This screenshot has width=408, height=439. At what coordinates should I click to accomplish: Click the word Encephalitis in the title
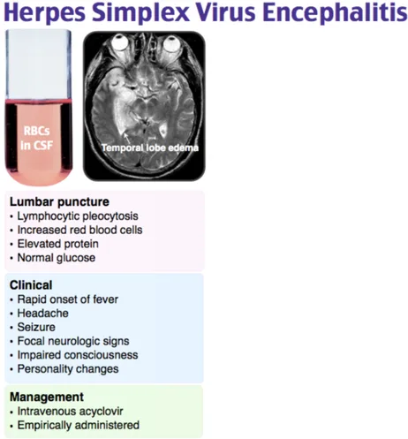coord(335,13)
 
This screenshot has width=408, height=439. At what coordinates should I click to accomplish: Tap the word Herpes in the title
coord(45,13)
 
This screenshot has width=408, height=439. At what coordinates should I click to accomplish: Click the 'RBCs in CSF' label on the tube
coord(37,138)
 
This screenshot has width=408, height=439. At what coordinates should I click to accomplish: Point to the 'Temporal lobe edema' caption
coord(150,148)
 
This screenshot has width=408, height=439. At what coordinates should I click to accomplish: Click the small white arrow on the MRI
coord(126,138)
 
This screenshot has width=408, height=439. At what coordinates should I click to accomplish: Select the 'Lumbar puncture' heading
coord(59,202)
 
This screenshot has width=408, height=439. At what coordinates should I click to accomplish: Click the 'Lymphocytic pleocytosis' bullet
coord(78,216)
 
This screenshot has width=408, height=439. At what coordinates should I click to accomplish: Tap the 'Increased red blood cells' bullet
coord(79,230)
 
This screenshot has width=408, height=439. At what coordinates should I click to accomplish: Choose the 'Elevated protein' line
coord(58,244)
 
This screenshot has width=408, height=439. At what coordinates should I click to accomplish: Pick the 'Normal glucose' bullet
coord(57,258)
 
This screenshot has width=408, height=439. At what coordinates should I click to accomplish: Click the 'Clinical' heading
coord(31,285)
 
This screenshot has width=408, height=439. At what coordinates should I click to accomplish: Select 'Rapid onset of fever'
coord(68,299)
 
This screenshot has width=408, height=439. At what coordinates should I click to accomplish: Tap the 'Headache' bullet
coord(43,313)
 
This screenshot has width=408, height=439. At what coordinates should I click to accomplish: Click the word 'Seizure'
coord(36,327)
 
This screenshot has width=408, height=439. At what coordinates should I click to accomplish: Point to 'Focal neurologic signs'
coord(73,341)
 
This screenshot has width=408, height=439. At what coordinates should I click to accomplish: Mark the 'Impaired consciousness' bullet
coord(78,355)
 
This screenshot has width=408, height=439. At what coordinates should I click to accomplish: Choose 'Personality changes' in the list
coord(68,369)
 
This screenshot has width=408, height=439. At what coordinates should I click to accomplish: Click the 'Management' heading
coord(47,397)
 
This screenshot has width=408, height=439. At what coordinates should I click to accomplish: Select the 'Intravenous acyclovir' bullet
coord(70,412)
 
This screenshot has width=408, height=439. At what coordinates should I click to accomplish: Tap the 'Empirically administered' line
coord(79,425)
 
